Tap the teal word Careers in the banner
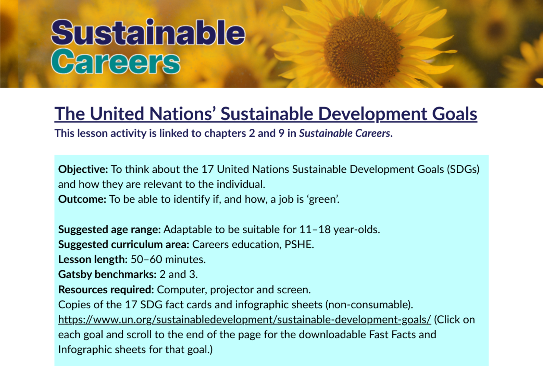click(x=116, y=61)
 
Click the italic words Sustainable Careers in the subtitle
click(x=345, y=133)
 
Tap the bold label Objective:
click(x=83, y=169)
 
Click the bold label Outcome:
click(x=82, y=199)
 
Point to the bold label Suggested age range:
click(x=109, y=230)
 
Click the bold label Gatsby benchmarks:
click(x=107, y=274)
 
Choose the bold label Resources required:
click(x=106, y=290)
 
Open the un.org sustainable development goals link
click(x=244, y=320)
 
